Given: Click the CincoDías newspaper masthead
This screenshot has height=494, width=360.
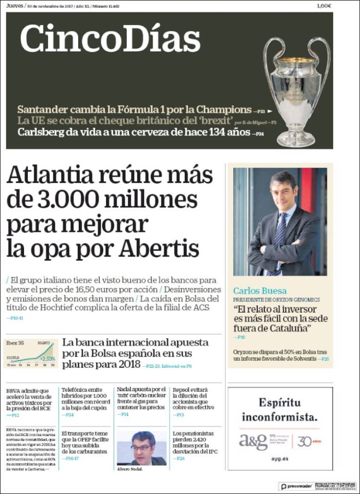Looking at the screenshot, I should pyautogui.click(x=110, y=38).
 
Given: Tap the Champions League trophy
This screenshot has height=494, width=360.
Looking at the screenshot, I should pyautogui.click(x=297, y=91).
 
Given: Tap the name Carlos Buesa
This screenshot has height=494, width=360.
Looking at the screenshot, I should pyautogui.click(x=260, y=290).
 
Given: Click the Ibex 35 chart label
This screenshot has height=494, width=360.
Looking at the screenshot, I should pyautogui.click(x=14, y=343).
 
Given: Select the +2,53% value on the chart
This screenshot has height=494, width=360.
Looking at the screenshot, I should pyautogui.click(x=48, y=358).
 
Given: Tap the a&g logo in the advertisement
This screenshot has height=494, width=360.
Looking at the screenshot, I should pyautogui.click(x=253, y=441).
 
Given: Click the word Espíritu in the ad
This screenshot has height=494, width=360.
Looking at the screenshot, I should pyautogui.click(x=280, y=402).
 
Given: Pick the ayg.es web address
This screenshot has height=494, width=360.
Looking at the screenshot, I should pyautogui.click(x=280, y=459).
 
